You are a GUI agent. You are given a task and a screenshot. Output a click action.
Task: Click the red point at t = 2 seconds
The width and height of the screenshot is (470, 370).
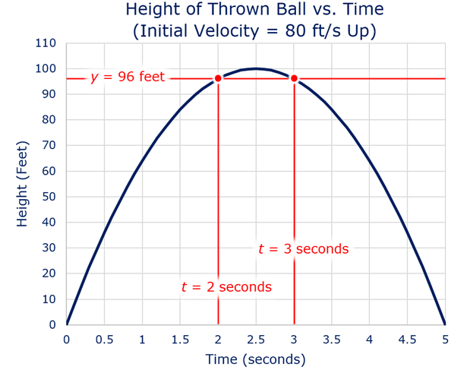(218, 78)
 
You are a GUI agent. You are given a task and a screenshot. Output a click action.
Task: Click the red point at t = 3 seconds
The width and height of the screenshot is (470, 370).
(294, 78)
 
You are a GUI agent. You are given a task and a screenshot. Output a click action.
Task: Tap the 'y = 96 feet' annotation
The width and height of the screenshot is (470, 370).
(128, 77)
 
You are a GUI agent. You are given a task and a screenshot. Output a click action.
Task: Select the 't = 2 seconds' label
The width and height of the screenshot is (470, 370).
(226, 287)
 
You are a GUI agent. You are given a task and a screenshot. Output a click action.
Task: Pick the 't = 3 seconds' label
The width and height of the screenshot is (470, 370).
(303, 249)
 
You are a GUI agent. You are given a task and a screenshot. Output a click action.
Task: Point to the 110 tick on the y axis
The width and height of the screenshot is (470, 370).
(46, 43)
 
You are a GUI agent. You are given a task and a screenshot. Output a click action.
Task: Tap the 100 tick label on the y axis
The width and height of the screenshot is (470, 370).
(46, 68)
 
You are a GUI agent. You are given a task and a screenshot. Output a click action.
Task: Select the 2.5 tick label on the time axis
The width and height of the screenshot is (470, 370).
(256, 339)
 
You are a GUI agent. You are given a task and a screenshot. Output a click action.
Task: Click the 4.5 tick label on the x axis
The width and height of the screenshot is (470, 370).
(407, 339)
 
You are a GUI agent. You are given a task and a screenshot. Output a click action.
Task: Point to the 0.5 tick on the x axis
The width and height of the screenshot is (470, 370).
(105, 339)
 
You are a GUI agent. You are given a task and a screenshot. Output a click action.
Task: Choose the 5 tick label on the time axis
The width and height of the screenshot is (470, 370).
(445, 339)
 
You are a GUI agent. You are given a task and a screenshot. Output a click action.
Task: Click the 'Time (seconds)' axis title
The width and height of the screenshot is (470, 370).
(255, 359)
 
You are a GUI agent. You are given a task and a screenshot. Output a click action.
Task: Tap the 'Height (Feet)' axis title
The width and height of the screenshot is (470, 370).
(22, 184)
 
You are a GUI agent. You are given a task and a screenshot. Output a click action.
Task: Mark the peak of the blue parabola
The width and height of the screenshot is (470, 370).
(256, 68)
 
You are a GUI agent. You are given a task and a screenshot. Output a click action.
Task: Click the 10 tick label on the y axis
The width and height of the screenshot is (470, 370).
(49, 299)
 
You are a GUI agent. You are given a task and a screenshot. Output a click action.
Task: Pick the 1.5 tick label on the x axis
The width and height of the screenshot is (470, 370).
(180, 339)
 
